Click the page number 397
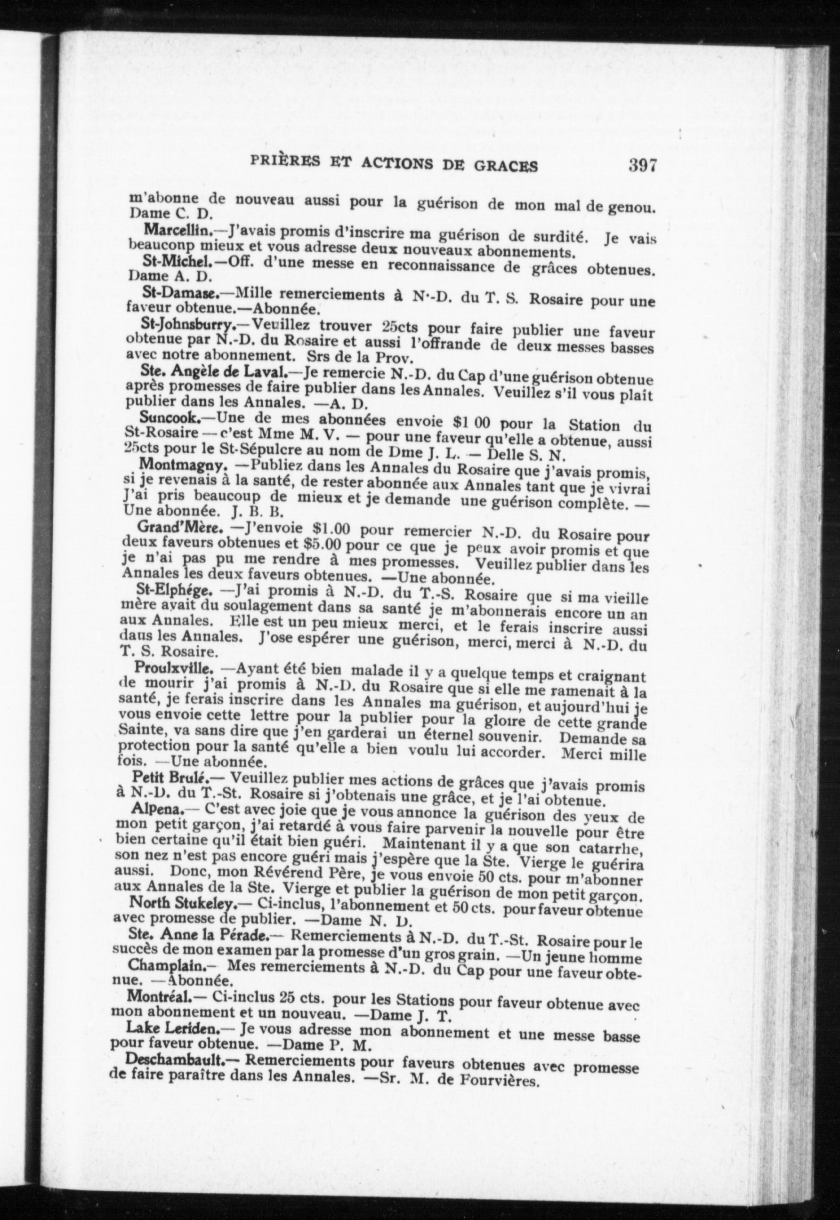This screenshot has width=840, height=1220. pos(642,166)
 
